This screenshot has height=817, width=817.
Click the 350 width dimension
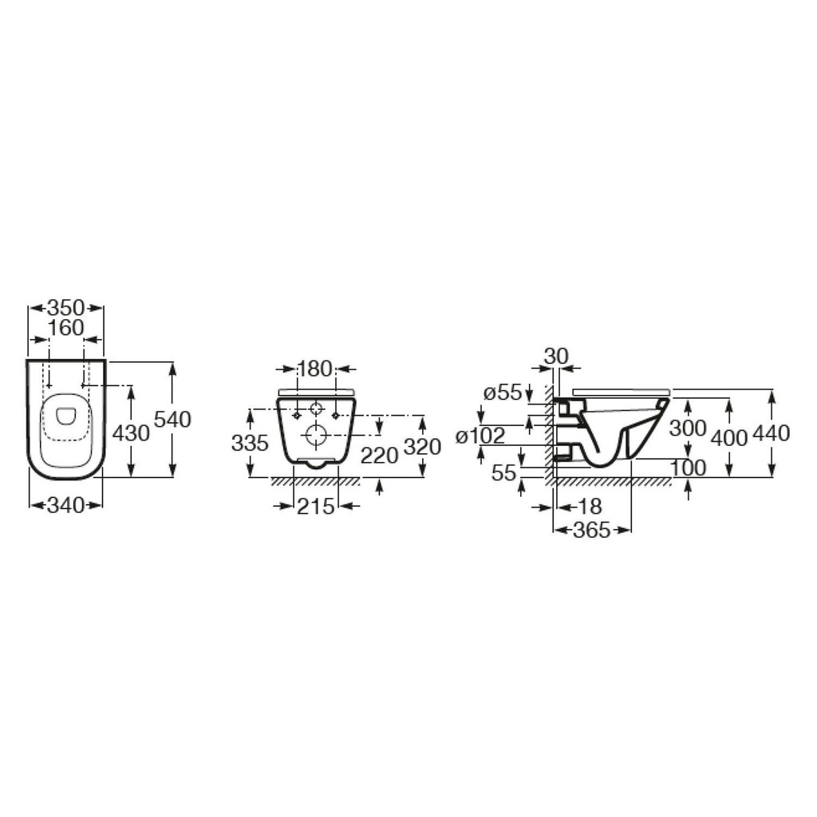tap(65, 308)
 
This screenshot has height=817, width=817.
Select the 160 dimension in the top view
tap(65, 328)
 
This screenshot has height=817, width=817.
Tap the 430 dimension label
tap(131, 432)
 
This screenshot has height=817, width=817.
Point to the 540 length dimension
tap(173, 420)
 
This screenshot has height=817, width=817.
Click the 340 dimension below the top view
tap(65, 505)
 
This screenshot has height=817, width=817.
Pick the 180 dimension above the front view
tap(314, 369)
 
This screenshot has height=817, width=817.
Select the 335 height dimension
tap(250, 444)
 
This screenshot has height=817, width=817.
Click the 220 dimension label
tap(379, 456)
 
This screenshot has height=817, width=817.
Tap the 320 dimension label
tap(423, 447)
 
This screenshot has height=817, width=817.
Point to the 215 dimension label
tap(316, 506)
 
